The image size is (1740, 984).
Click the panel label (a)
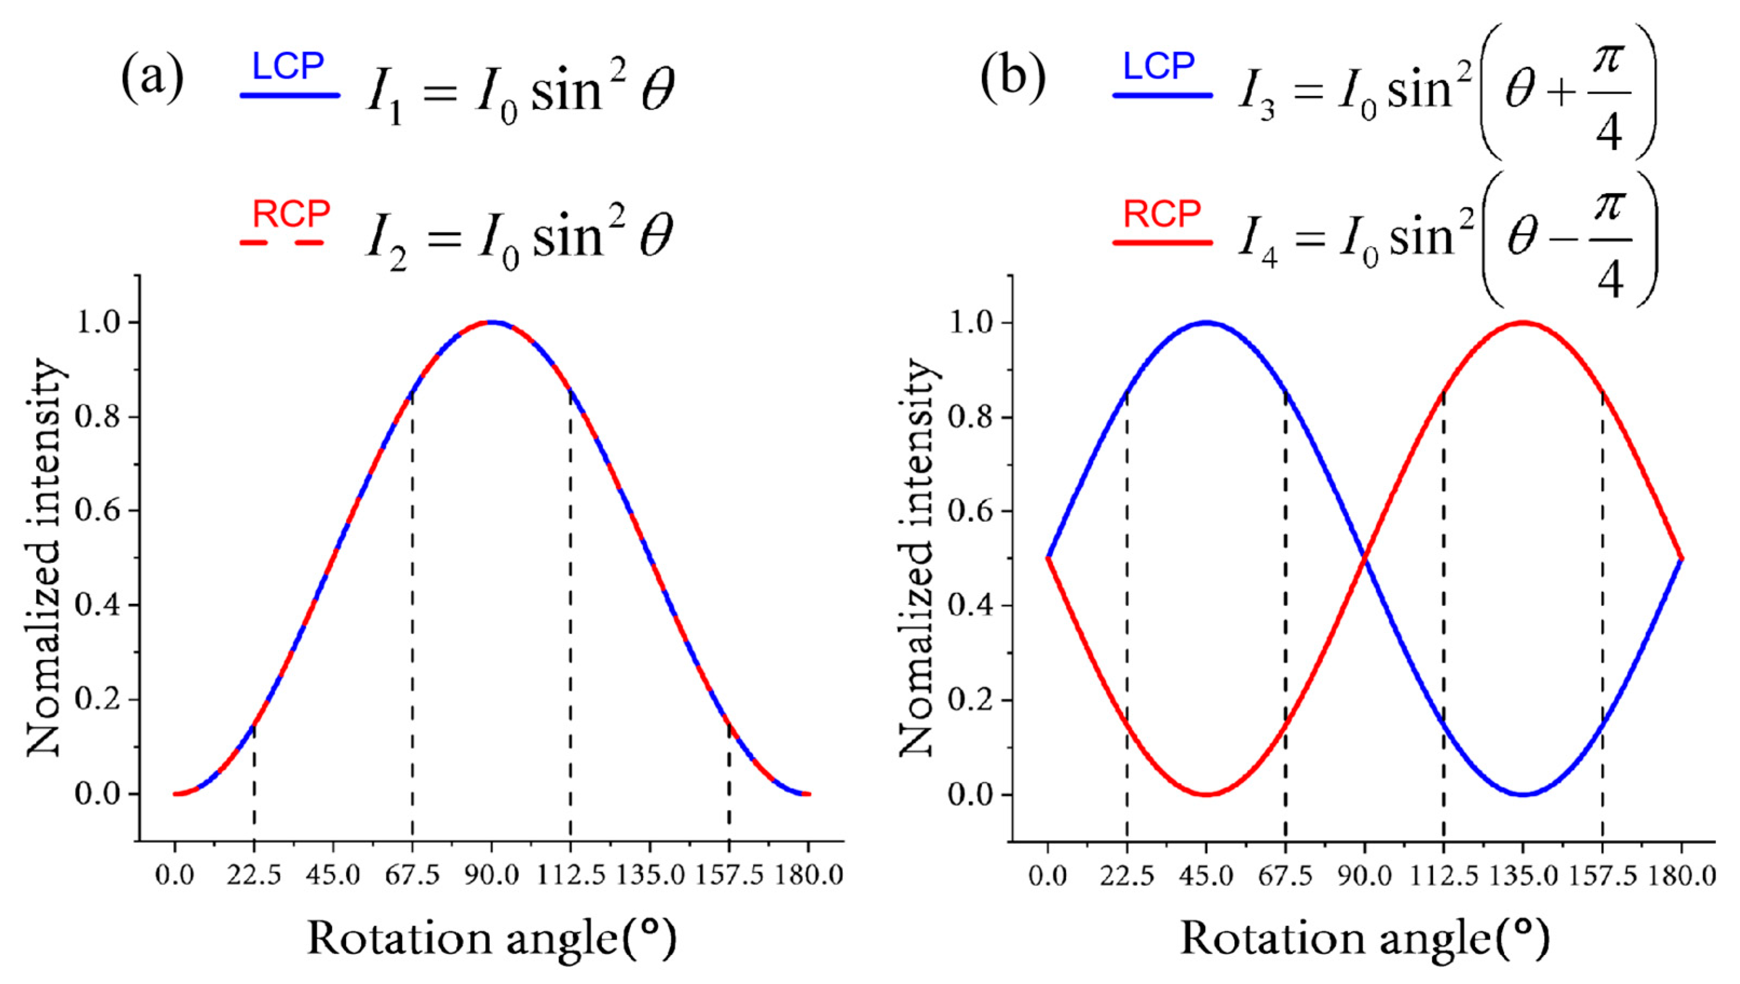(152, 79)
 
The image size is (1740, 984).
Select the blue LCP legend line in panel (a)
(290, 96)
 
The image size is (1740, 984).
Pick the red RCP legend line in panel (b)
(1163, 242)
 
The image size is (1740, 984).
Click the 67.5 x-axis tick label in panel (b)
(1285, 876)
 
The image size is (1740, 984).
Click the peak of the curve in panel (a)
(492, 323)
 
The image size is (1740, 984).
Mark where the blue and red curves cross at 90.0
(1364, 558)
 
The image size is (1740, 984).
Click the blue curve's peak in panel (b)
(1206, 323)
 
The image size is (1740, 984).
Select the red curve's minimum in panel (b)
(1206, 794)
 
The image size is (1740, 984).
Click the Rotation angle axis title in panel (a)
(492, 939)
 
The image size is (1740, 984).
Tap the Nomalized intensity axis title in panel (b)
(917, 558)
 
